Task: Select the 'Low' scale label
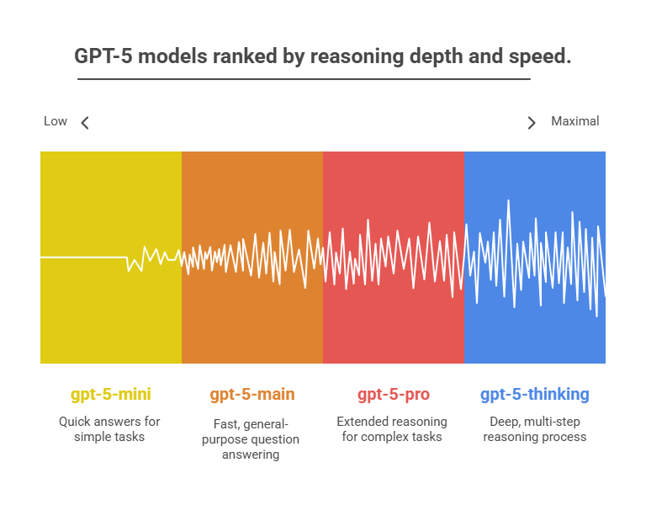click(x=56, y=121)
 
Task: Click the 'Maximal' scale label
click(x=575, y=121)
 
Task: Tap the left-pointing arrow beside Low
click(x=85, y=123)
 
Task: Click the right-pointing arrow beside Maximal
click(x=531, y=123)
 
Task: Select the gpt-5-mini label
click(x=111, y=394)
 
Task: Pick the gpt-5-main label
click(x=252, y=394)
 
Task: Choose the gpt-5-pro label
click(x=393, y=394)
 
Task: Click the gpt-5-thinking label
click(x=535, y=394)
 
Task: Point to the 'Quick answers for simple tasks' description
click(x=109, y=428)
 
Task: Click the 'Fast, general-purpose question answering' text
click(x=252, y=438)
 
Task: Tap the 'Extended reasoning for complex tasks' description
click(x=392, y=428)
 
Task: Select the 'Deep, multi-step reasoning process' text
click(x=535, y=428)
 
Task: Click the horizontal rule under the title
click(x=303, y=80)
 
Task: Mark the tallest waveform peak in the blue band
click(x=508, y=202)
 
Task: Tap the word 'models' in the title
click(x=182, y=57)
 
